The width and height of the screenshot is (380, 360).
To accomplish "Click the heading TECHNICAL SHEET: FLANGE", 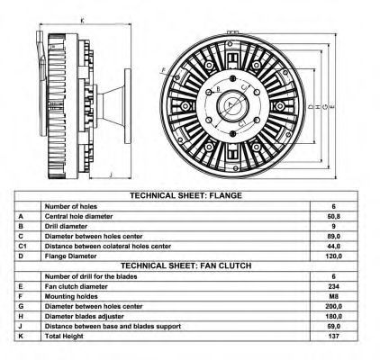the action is point(185,195).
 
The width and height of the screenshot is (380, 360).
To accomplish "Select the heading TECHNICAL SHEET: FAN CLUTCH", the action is point(185,265).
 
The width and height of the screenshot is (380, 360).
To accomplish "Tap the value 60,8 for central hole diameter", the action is point(333,216).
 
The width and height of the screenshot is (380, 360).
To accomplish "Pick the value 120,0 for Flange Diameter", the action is point(333,256).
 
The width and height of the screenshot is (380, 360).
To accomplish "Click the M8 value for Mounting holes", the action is point(333,296).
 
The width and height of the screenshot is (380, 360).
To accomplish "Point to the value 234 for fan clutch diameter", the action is point(333,286).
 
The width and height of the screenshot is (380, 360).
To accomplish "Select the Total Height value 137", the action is point(333,337).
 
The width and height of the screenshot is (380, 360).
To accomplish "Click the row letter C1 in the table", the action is point(23,247).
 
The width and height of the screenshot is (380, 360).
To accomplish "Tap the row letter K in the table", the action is point(21,337).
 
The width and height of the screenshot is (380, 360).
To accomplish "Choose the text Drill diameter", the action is point(66,226).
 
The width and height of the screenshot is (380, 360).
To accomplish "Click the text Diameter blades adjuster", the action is point(85,317).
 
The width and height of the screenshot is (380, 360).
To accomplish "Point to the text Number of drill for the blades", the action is point(91,276).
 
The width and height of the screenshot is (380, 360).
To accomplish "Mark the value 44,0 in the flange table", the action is point(333,247).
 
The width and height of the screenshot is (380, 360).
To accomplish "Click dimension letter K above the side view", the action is point(82,21).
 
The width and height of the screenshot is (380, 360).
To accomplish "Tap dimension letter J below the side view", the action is point(111,175).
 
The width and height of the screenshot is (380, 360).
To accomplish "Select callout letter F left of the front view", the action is point(164,70).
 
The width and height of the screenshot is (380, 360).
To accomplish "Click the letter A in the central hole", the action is point(231,104).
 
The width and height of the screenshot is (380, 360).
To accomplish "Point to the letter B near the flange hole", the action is point(218,89).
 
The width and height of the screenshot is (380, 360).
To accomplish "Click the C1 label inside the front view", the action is point(242,123).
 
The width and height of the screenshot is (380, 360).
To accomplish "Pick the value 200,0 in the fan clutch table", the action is point(333,306).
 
